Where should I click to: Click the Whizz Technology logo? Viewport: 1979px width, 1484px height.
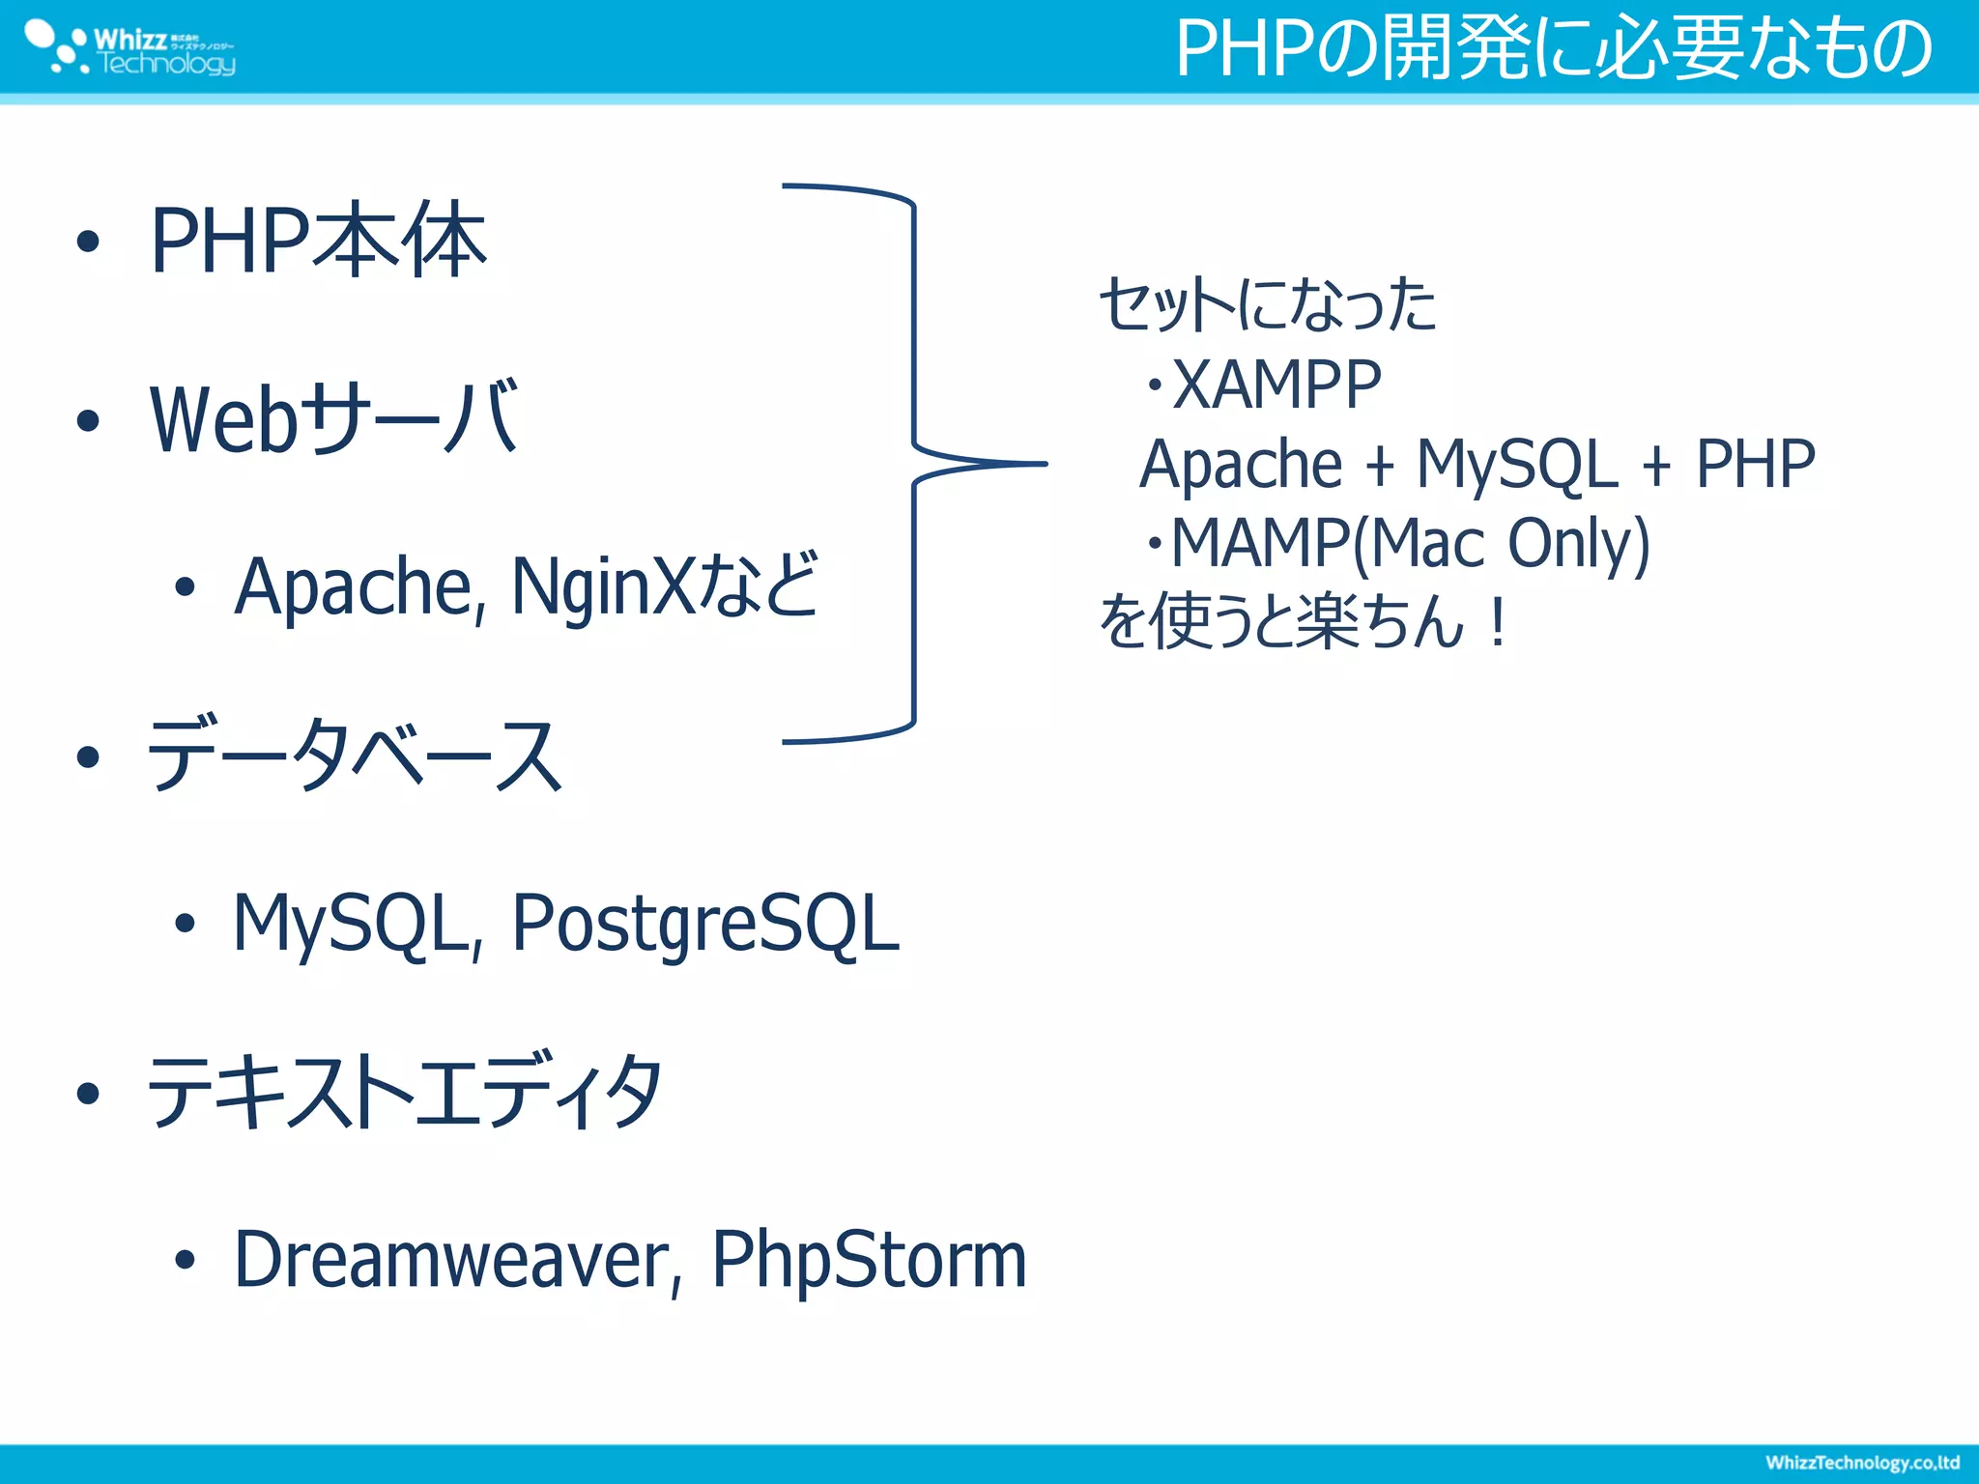point(130,49)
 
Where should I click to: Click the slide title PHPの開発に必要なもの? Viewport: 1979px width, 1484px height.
point(1553,48)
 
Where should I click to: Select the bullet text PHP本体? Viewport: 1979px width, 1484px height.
point(318,241)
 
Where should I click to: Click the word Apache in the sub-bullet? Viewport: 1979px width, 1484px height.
point(355,586)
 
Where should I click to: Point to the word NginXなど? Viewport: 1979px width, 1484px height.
point(665,586)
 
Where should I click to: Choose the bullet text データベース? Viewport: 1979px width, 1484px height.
point(354,756)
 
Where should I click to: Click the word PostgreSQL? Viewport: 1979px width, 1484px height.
point(705,924)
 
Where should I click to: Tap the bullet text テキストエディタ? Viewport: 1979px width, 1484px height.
point(404,1092)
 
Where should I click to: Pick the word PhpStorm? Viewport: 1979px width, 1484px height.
point(869,1260)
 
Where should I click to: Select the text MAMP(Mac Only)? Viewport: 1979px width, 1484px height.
point(1410,543)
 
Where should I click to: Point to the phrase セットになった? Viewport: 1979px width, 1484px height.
point(1268,304)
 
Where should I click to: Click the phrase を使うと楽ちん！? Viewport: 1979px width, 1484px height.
point(1303,621)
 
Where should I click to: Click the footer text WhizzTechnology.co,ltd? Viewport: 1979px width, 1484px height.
point(1861,1463)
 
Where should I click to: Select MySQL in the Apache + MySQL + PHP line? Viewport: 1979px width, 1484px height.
point(1516,464)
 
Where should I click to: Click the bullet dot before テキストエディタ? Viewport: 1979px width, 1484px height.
point(88,1093)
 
